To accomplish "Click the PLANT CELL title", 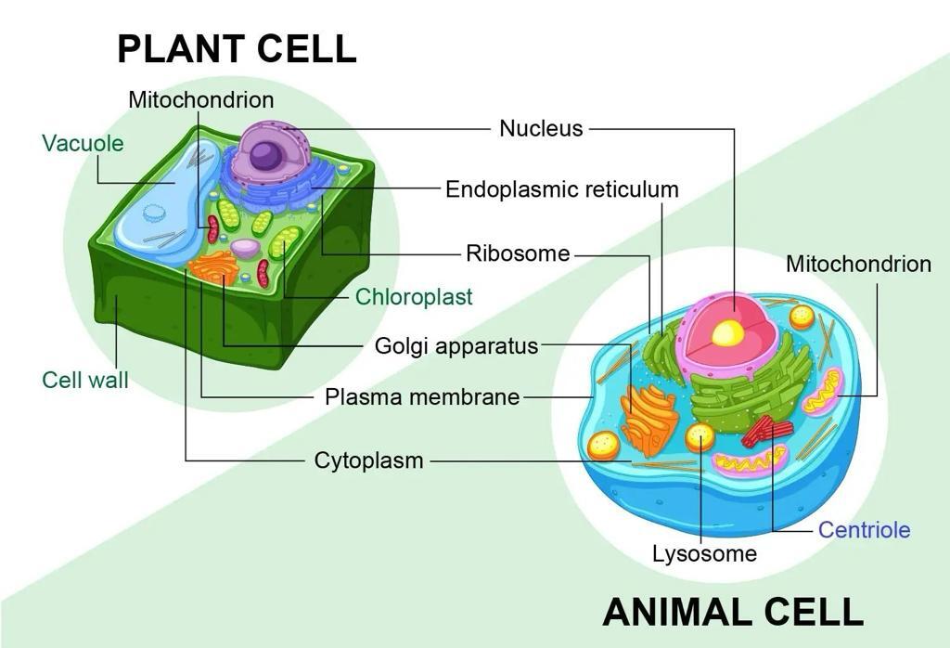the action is pyautogui.click(x=237, y=49).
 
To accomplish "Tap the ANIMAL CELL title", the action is pyautogui.click(x=733, y=612).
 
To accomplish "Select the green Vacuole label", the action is pyautogui.click(x=83, y=144).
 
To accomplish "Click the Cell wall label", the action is pyautogui.click(x=85, y=380).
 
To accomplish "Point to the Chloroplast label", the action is pyautogui.click(x=414, y=296).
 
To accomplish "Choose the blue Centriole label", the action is pyautogui.click(x=864, y=530).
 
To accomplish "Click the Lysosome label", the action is pyautogui.click(x=705, y=553).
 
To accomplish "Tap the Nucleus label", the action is pyautogui.click(x=541, y=128).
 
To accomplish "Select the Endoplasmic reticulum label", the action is pyautogui.click(x=562, y=189).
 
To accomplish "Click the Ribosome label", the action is pyautogui.click(x=518, y=253).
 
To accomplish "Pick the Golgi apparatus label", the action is pyautogui.click(x=456, y=346).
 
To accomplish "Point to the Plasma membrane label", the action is pyautogui.click(x=422, y=397).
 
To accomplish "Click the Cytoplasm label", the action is pyautogui.click(x=368, y=460).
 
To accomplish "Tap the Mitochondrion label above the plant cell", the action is pyautogui.click(x=201, y=100).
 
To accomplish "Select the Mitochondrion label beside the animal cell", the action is pyautogui.click(x=858, y=265).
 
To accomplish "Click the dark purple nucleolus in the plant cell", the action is pyautogui.click(x=266, y=156).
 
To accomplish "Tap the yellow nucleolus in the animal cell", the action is pyautogui.click(x=727, y=332).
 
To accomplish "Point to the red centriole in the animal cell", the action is pyautogui.click(x=767, y=430).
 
